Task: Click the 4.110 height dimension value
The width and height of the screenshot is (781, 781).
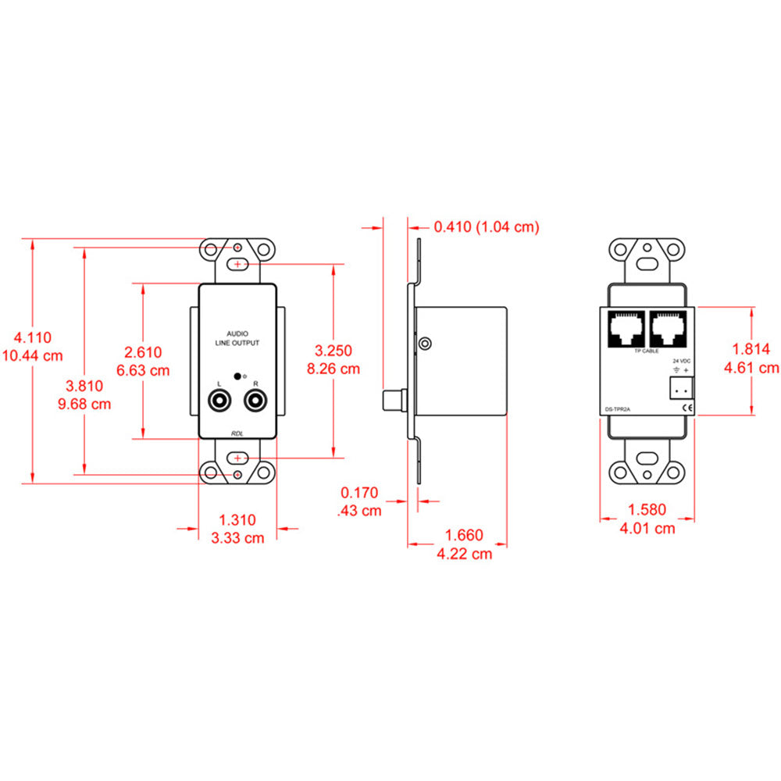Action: pos(32,338)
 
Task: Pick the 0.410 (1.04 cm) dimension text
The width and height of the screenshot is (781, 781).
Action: pos(487,226)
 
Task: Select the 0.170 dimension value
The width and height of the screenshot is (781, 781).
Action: pos(359,493)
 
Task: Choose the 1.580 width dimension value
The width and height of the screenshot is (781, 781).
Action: pos(647,510)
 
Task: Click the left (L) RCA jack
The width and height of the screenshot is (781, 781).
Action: pos(219,402)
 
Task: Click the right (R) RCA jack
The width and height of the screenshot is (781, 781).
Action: pos(255,402)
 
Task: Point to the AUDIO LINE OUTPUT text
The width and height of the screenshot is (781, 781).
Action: pos(237,337)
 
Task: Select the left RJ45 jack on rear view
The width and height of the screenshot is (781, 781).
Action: pos(625,328)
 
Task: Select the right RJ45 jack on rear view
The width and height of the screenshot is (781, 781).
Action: pos(668,328)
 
